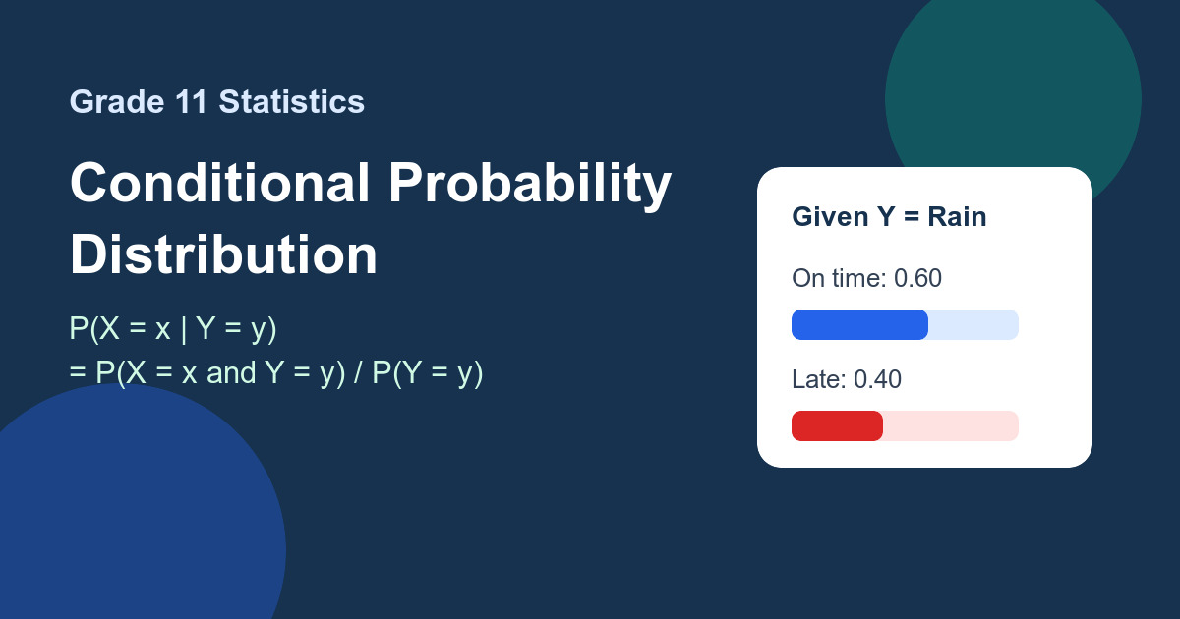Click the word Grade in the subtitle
(117, 101)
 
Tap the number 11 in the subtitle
(191, 101)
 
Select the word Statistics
(292, 101)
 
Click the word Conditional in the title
(219, 183)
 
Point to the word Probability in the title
(530, 186)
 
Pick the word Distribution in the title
(223, 254)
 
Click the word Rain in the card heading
(957, 217)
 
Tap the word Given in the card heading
(830, 217)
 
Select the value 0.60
(917, 278)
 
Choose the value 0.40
(877, 379)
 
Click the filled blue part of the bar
(859, 325)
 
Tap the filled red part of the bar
(837, 425)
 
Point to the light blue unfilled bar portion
(973, 325)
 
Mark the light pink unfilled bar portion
(951, 425)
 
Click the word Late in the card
(818, 379)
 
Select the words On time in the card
(839, 278)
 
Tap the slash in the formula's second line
(358, 372)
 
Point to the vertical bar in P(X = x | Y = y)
(183, 329)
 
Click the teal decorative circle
(1013, 79)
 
